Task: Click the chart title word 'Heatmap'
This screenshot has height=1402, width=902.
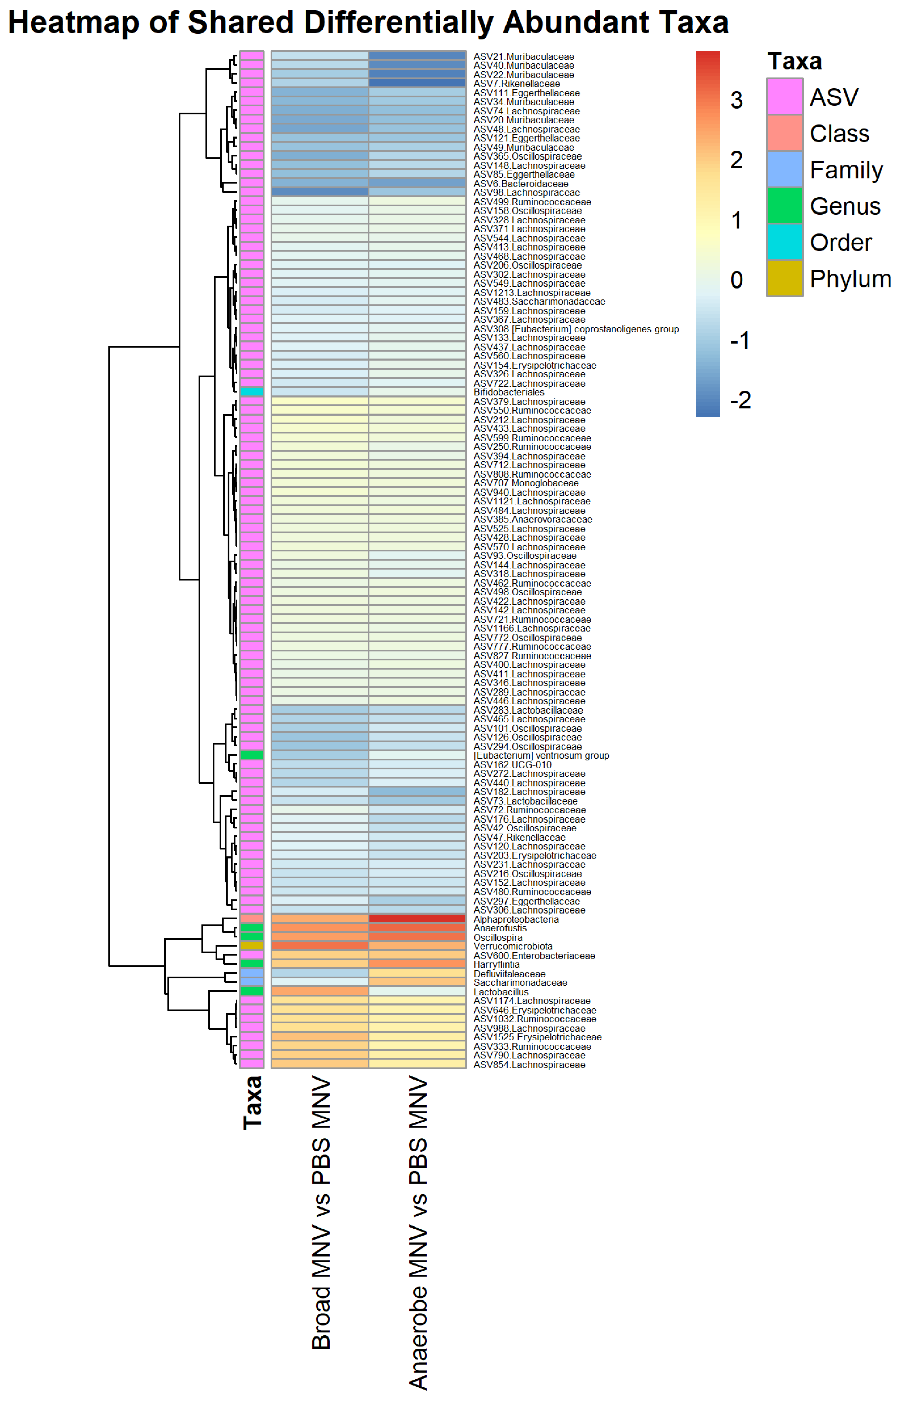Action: click(x=74, y=22)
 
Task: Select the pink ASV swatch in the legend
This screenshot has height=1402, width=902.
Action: click(x=784, y=97)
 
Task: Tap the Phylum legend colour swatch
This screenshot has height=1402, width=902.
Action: click(x=784, y=278)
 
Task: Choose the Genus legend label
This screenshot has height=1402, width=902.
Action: click(x=845, y=206)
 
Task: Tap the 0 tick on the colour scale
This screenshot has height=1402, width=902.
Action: click(x=736, y=280)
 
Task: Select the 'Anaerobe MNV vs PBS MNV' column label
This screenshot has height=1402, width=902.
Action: click(x=418, y=1232)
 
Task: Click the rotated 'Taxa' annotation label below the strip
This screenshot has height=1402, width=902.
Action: click(x=253, y=1102)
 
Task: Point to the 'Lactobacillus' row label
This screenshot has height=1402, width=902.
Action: click(x=501, y=992)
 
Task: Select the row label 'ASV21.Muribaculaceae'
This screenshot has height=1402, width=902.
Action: click(x=523, y=57)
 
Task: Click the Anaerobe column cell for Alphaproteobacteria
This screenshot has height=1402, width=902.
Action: click(x=417, y=919)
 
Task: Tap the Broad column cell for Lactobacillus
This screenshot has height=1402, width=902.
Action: click(x=320, y=992)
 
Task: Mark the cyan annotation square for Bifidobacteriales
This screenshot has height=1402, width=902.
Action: click(x=252, y=392)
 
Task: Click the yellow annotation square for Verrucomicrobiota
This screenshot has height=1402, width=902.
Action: click(x=252, y=946)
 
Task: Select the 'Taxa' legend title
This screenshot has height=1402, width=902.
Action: click(x=794, y=61)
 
